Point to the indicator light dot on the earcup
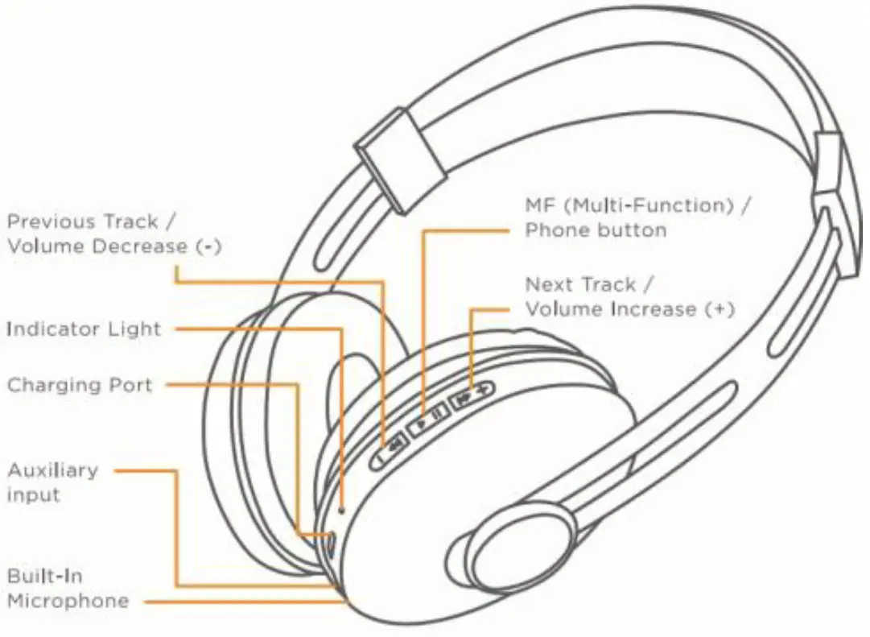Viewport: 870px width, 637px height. (344, 509)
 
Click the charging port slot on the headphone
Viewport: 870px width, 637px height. (331, 542)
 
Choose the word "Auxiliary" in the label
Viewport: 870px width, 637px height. (52, 469)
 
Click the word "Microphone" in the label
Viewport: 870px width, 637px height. (68, 601)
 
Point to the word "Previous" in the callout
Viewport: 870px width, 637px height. (54, 221)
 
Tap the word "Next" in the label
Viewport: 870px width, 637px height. (550, 284)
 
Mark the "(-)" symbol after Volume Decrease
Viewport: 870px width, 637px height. (208, 246)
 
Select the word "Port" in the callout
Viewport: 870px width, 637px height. (131, 385)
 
